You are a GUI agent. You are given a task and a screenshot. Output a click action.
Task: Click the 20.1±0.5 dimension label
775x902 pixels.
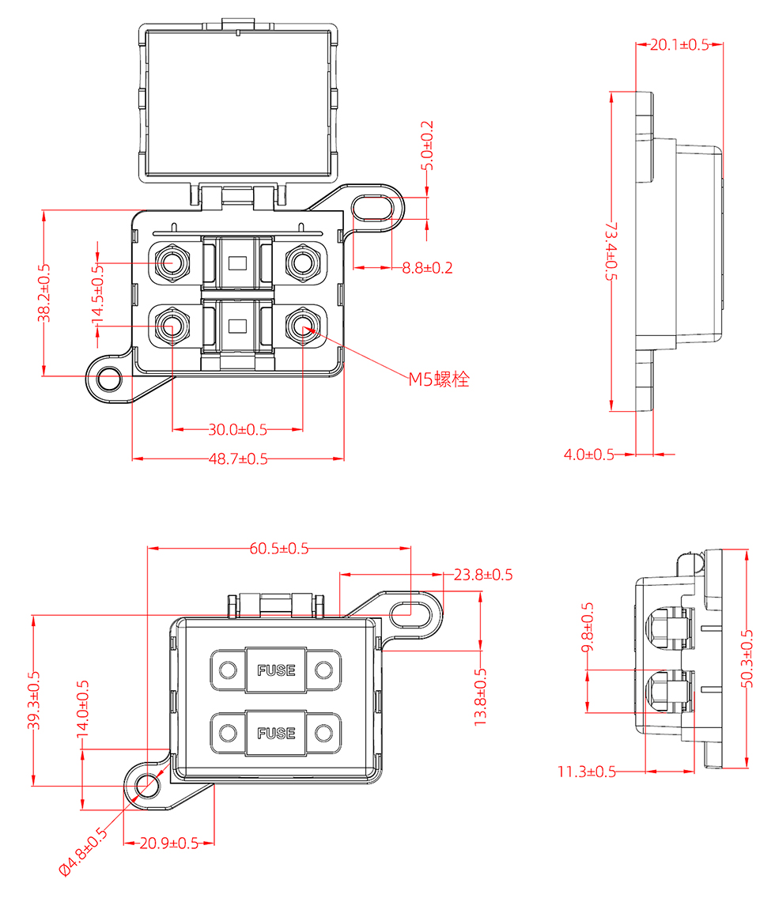[679, 45]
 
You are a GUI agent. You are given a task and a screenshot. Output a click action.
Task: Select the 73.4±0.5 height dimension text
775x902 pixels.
[611, 251]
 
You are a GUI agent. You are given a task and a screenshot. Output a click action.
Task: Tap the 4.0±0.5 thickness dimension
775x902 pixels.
[589, 455]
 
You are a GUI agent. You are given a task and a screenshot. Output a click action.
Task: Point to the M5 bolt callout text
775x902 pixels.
[439, 379]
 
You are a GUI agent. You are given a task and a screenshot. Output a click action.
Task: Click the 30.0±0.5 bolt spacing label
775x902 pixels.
[237, 430]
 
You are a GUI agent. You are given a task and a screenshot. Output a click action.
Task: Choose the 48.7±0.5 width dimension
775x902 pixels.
[238, 459]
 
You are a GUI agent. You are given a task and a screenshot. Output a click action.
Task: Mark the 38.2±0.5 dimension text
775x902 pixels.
[43, 292]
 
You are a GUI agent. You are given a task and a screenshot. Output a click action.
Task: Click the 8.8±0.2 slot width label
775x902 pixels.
[427, 268]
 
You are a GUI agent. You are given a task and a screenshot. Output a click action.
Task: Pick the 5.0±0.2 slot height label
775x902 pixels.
[428, 146]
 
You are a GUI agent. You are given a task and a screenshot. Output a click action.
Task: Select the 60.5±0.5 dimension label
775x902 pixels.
[279, 548]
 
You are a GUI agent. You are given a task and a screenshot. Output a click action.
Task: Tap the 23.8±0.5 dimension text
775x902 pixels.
[483, 575]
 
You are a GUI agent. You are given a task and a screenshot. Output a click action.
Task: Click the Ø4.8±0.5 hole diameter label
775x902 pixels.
[83, 851]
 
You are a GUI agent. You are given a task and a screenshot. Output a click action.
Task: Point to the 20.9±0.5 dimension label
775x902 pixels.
[169, 844]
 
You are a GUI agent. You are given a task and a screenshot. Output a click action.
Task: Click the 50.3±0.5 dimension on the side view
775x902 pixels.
[747, 659]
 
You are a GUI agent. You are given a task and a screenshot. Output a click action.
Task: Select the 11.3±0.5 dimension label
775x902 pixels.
[587, 772]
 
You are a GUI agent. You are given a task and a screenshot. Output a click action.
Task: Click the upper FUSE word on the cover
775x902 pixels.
[276, 670]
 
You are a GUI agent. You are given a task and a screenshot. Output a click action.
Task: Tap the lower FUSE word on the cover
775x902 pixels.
[276, 733]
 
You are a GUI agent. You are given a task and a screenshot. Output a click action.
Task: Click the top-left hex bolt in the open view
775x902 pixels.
[170, 263]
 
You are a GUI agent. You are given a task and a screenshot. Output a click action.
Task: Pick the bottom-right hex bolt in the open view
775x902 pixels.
[303, 326]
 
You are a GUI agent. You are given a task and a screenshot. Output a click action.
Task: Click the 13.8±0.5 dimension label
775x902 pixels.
[480, 696]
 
